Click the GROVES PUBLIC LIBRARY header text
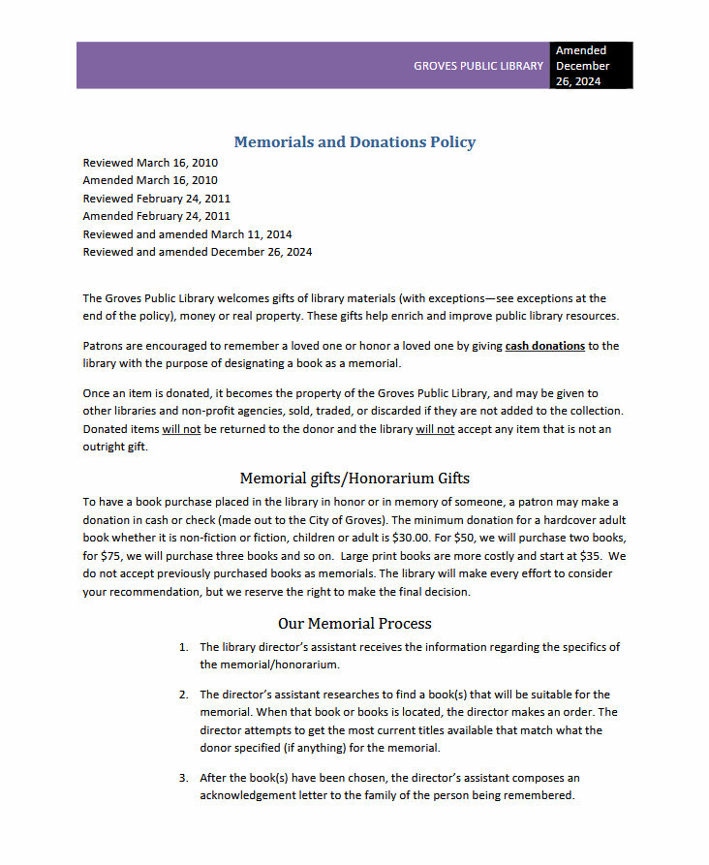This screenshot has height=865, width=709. point(478,66)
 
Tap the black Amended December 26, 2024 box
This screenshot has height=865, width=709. point(592,66)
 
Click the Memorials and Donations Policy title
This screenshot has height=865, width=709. point(354,142)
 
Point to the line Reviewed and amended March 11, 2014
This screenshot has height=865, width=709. point(187,234)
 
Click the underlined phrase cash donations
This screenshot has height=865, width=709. point(544,346)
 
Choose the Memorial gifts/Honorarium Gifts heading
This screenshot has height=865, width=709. point(354,479)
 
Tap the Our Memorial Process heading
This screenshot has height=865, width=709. point(354,623)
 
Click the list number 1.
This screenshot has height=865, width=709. point(183,647)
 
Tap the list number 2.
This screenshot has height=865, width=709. point(183,695)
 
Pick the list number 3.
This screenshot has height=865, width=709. point(183,778)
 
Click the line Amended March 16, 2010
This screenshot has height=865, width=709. point(150,180)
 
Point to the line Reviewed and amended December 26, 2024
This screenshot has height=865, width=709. point(198,253)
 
